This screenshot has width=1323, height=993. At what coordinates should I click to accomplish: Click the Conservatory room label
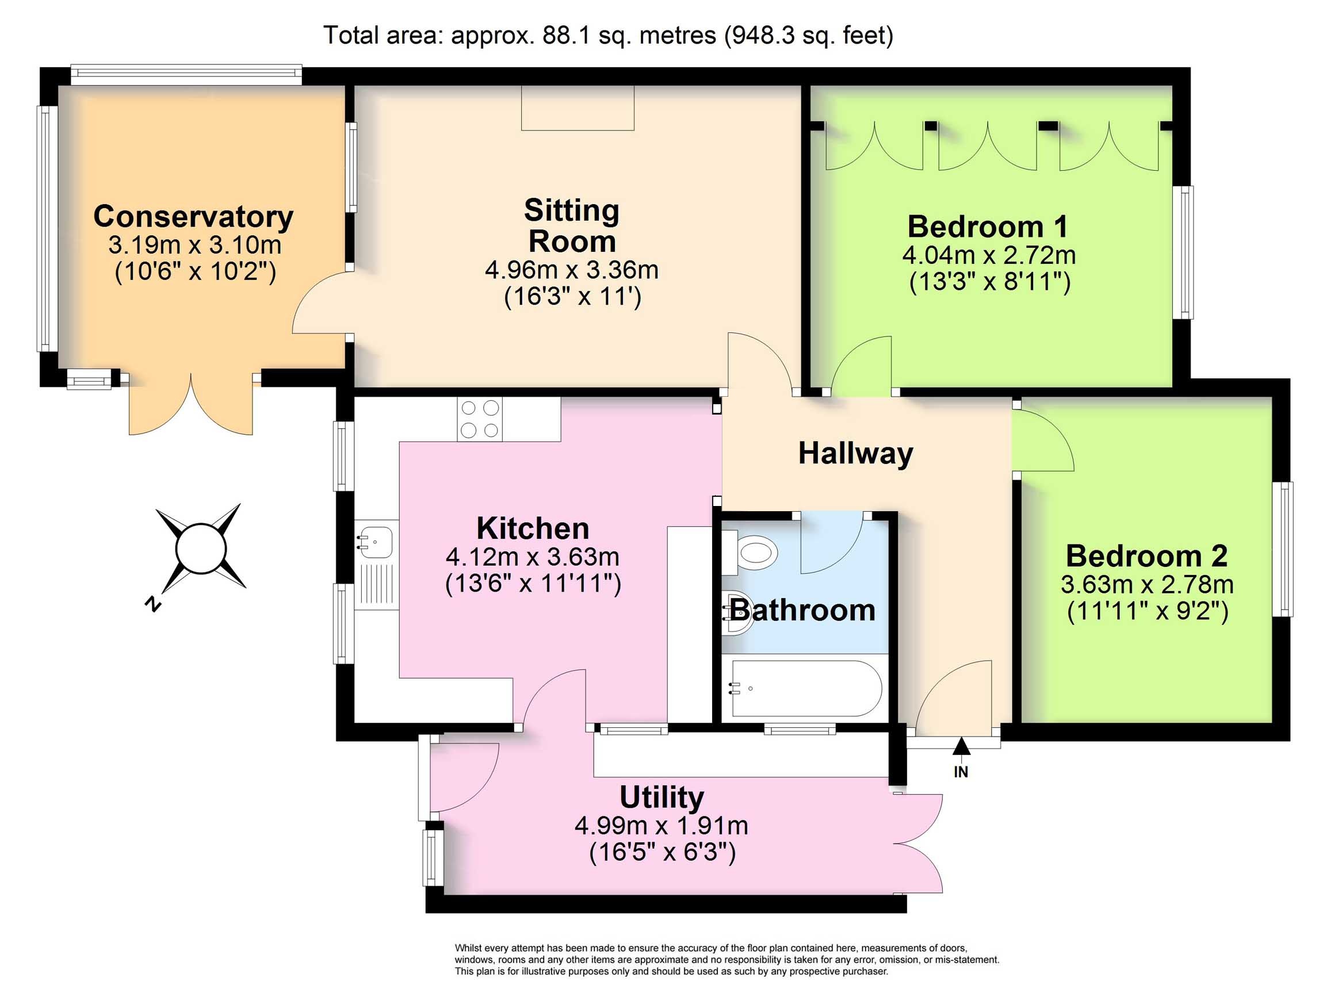point(193,216)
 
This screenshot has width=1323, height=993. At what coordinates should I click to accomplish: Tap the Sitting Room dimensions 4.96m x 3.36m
point(572,270)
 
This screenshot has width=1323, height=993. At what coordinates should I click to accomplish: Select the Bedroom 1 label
point(988,227)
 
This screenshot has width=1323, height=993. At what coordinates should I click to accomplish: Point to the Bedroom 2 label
point(1146,556)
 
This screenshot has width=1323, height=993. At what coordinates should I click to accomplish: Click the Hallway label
point(856,453)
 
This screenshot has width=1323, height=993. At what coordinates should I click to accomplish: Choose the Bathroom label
point(802,611)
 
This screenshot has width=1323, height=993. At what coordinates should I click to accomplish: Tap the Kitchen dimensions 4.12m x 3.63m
point(532,557)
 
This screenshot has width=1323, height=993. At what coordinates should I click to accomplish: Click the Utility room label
point(661,798)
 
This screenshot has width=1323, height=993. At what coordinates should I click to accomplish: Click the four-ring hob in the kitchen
point(480,419)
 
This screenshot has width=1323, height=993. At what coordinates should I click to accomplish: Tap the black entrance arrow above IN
point(961,747)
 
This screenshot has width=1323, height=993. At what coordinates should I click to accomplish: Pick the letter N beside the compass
point(154,604)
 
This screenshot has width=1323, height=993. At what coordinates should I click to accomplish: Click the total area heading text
point(608,35)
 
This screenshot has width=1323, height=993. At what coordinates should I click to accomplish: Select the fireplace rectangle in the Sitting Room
point(577,108)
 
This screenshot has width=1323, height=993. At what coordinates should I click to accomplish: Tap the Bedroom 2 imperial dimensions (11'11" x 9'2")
point(1147,611)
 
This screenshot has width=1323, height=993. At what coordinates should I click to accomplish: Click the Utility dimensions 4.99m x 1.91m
point(661,826)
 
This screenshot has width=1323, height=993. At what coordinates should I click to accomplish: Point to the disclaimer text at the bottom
point(726,960)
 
